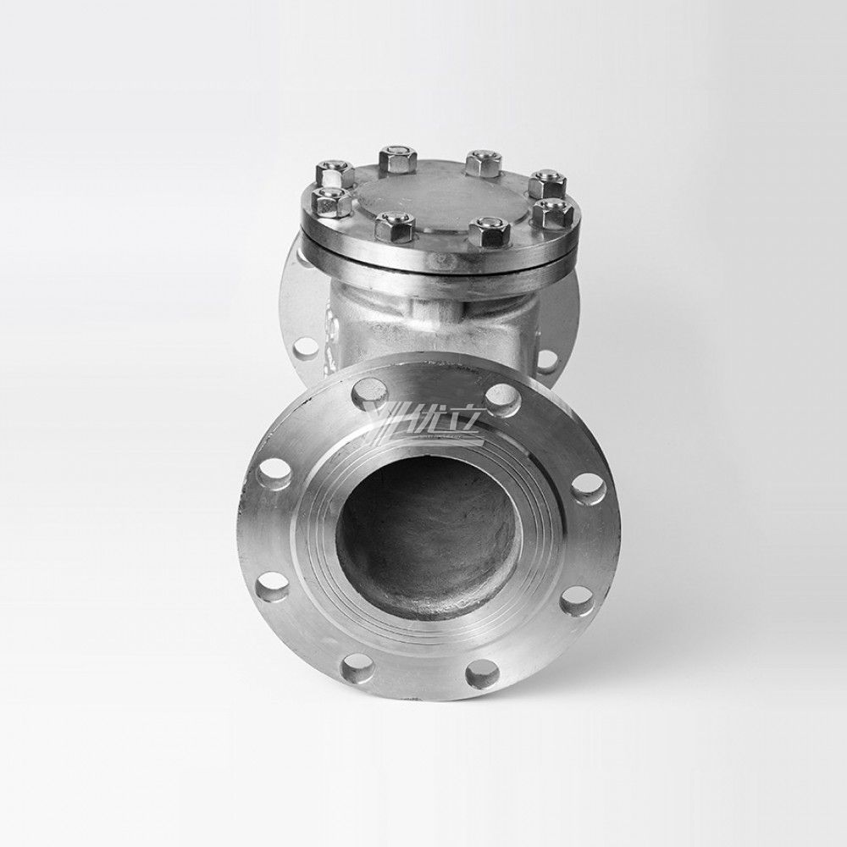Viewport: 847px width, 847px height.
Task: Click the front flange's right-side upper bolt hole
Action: pos(587,485)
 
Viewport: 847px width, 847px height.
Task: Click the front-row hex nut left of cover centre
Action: pos(391,227)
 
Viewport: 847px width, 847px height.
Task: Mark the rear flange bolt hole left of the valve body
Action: pos(303,347)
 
